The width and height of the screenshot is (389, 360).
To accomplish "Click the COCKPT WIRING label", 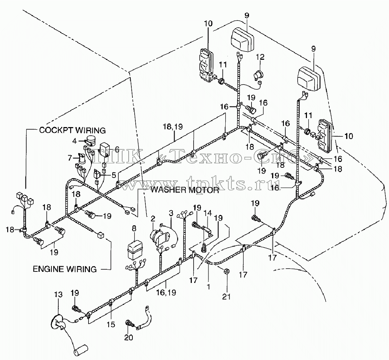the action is pos(72,130).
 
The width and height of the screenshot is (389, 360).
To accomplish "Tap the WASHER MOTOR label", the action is pos(185,190).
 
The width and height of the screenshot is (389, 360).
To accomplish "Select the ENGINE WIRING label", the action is pos(65,269).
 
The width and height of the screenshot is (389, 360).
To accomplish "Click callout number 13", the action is pos(58,294).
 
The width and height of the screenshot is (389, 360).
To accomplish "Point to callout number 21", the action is pos(226,297).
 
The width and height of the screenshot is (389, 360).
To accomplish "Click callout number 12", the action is pos(260,57).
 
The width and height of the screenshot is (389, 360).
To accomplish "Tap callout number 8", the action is pos(134,229).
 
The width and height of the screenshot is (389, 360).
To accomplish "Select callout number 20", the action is pos(128,337).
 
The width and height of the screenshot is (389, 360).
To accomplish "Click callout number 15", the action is pos(111,324).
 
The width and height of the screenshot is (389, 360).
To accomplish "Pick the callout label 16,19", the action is pos(166,293).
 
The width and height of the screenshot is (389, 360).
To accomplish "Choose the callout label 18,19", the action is pos(173,126).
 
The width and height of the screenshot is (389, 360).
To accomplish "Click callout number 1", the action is pos(208,287).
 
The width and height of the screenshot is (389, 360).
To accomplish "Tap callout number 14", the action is pos(208,213).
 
